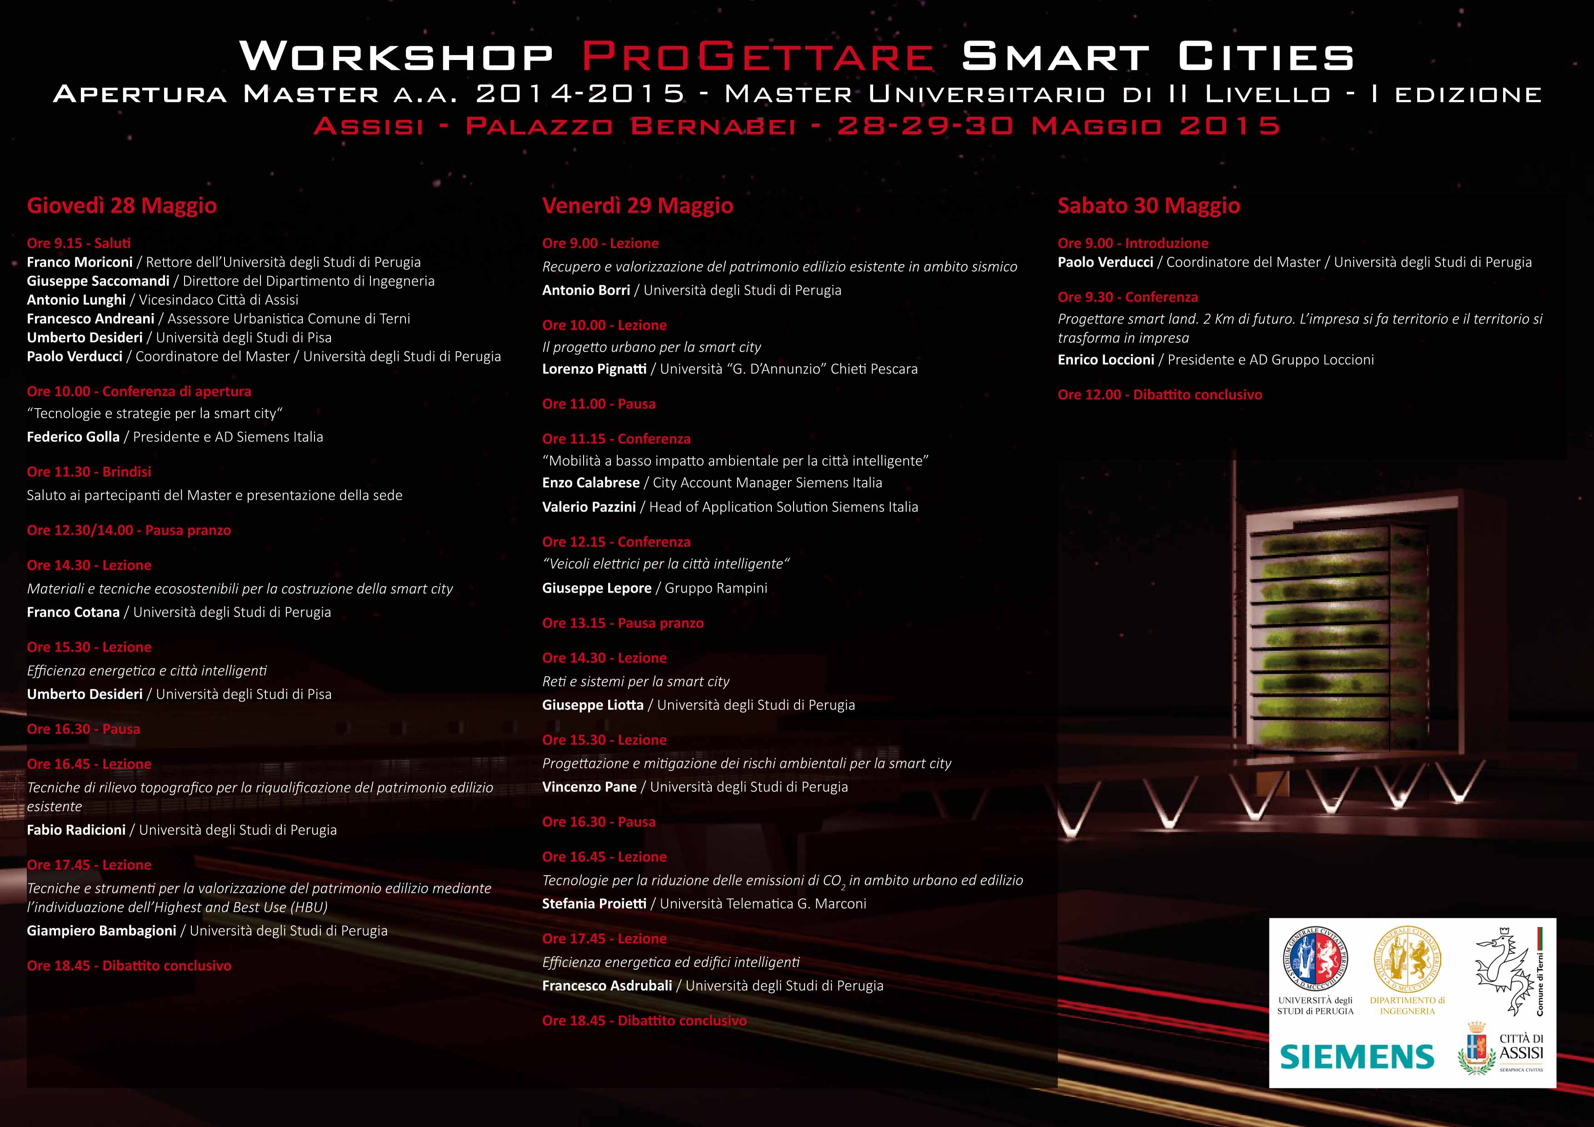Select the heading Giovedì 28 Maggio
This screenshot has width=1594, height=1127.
click(x=121, y=205)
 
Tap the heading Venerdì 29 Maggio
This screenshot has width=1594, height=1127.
click(x=637, y=205)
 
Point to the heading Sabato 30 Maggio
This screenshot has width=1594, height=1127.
click(x=1148, y=205)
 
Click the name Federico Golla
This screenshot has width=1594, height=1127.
click(x=73, y=437)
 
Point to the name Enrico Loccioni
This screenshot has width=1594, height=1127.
click(x=1106, y=359)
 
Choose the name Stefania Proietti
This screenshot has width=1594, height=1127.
click(x=594, y=903)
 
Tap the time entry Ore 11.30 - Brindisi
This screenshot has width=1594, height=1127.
click(x=89, y=472)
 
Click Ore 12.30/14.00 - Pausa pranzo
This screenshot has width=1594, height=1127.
click(x=129, y=530)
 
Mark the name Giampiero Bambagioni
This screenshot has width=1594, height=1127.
click(x=101, y=931)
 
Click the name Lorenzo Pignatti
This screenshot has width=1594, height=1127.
click(x=594, y=369)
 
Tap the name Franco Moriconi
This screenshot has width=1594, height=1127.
click(x=79, y=262)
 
